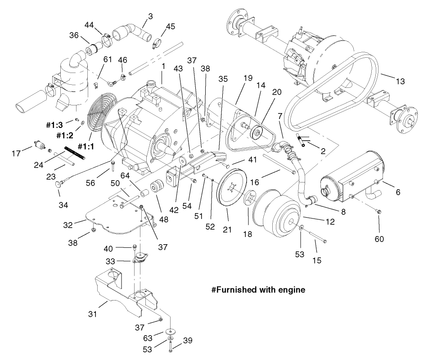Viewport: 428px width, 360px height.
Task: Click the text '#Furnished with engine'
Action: click(x=258, y=290)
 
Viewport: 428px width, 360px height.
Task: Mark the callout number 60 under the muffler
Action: click(x=379, y=239)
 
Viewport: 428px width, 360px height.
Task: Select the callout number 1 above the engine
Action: click(x=163, y=66)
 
